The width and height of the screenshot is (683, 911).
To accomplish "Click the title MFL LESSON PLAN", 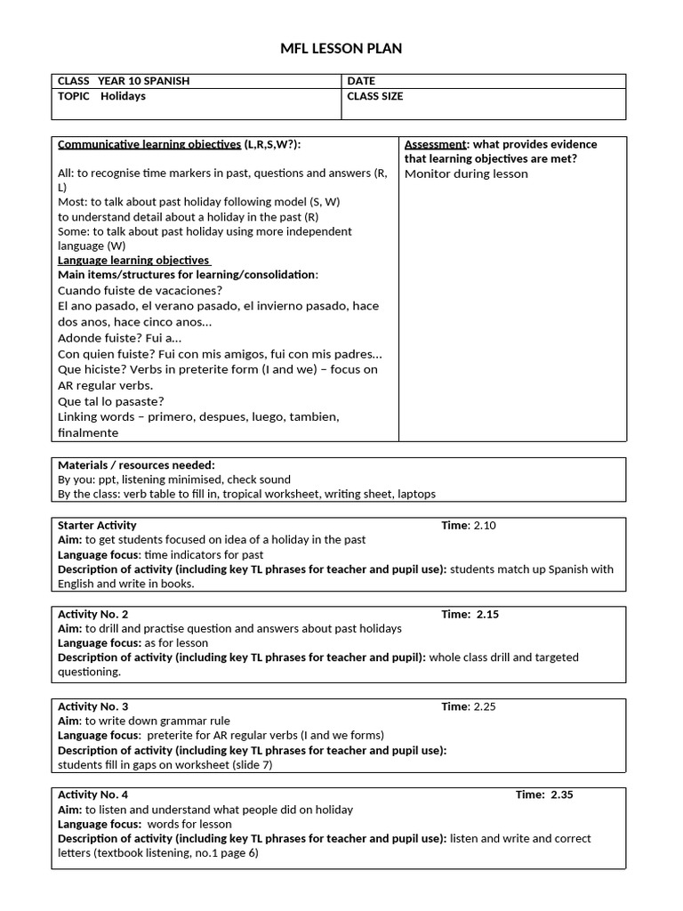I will coord(341,48).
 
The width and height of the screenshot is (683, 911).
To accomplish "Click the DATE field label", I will coord(361,81).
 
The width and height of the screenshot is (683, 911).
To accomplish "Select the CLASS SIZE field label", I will coord(374,96).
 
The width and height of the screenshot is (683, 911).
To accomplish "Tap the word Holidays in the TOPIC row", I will coord(124,96).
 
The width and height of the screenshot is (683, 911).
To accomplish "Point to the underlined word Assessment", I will coord(436,144).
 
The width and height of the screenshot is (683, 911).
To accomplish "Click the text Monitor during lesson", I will coord(466,173).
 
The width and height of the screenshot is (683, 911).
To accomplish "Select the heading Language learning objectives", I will coord(133,260).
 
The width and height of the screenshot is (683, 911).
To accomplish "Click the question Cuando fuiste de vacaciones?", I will coord(140,290).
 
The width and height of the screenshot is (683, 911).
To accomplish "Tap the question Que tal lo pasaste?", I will coord(111,401).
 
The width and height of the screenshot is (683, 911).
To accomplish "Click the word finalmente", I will coord(88,432).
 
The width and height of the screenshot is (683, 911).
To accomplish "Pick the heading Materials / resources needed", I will coord(136,464).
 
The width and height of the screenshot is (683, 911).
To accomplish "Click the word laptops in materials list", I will coord(416,494).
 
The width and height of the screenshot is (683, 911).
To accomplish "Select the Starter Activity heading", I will coord(97,525).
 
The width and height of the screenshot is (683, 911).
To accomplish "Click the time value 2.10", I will coord(485,525).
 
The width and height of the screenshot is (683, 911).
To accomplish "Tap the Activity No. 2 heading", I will coord(92,614).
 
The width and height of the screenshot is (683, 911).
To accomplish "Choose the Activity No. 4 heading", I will coord(92,794).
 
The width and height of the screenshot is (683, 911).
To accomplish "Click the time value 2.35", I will coord(562,794).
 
